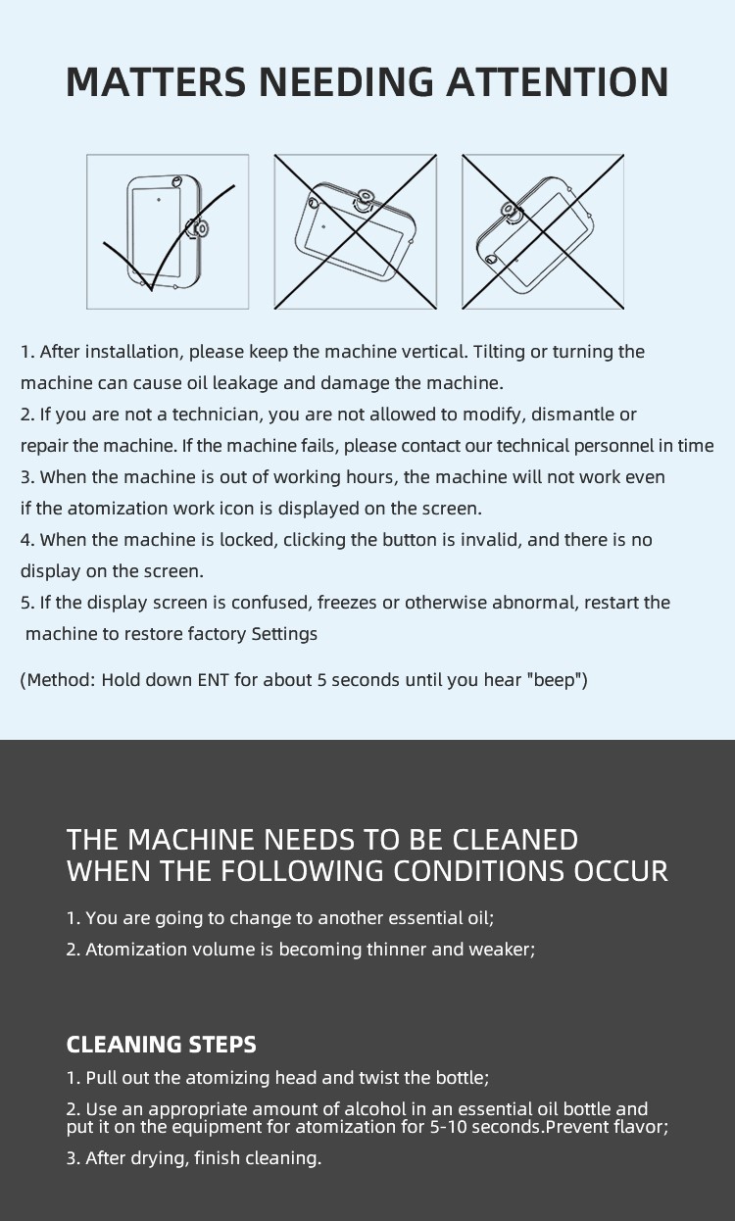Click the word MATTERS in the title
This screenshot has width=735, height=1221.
[x=157, y=81]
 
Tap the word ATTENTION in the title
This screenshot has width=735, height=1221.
[x=558, y=81]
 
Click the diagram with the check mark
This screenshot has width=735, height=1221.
[x=168, y=231]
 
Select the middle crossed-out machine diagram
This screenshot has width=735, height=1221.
[x=356, y=231]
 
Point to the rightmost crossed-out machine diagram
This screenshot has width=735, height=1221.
[x=543, y=231]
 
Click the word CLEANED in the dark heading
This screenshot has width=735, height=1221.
[x=514, y=840]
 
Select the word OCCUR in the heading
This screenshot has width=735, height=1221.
[x=620, y=871]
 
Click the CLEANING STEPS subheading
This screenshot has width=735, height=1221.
[x=162, y=1045]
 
